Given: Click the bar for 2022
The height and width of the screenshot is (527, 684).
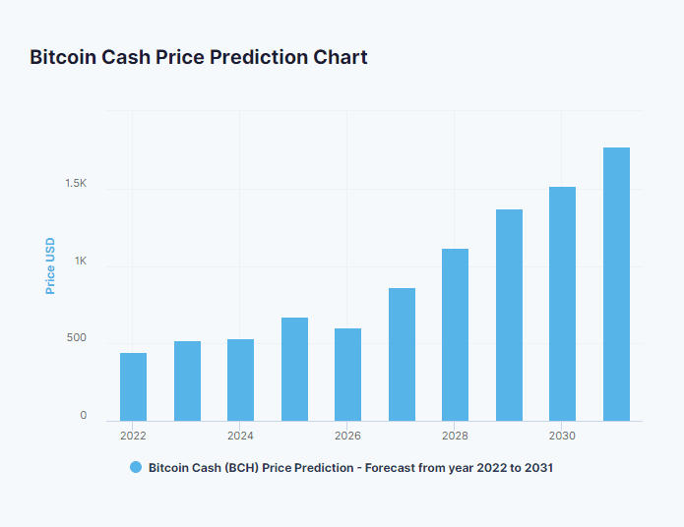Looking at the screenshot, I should tap(133, 387).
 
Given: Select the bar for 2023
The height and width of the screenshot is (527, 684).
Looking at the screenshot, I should tap(187, 381).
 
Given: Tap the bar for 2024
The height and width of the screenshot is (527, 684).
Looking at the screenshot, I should tap(240, 381).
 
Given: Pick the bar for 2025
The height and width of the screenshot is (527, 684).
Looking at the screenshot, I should tap(294, 370).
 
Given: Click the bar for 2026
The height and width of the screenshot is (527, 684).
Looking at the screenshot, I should tap(347, 375).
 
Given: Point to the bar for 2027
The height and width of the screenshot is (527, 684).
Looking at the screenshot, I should tap(402, 355).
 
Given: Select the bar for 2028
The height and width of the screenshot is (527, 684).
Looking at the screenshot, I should tap(455, 335).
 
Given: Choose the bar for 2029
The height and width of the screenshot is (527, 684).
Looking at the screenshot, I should tap(509, 316).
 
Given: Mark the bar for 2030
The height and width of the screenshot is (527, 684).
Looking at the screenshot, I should tap(562, 304).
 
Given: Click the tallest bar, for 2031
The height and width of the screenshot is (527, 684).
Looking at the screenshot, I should tap(616, 284).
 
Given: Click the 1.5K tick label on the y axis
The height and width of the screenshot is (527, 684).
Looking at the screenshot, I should tap(76, 184).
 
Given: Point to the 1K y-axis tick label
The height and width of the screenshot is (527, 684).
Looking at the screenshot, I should tap(80, 262).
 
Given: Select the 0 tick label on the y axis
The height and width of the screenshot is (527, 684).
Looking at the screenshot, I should tap(84, 416).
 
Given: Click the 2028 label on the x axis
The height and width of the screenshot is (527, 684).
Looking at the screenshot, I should tap(455, 436).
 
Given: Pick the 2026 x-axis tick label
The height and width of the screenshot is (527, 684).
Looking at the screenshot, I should tap(347, 436).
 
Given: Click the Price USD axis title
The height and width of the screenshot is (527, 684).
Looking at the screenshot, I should tap(50, 265).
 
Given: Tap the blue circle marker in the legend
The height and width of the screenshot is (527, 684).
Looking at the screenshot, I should tap(136, 468).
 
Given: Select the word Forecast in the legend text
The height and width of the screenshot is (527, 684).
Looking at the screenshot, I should tap(394, 468).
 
